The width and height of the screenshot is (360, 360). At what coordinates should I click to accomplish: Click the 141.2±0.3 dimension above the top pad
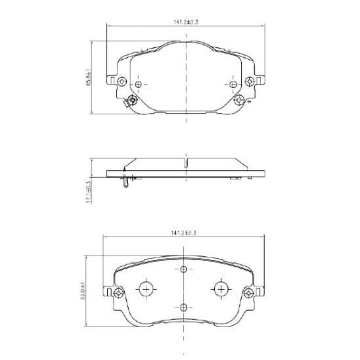click(x=187, y=22)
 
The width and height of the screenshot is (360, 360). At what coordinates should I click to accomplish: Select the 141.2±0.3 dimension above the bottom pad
click(x=187, y=233)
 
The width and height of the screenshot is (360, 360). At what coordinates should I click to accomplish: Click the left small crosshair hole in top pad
click(x=139, y=84)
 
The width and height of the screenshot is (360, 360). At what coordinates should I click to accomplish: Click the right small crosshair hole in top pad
click(x=234, y=84)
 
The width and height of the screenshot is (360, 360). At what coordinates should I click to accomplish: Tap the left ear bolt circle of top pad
click(x=122, y=81)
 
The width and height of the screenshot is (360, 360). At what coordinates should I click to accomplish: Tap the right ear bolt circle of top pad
click(x=250, y=81)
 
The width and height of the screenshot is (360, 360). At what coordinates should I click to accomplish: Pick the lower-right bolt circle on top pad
click(x=240, y=101)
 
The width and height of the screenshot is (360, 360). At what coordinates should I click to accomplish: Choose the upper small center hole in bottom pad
click(x=184, y=270)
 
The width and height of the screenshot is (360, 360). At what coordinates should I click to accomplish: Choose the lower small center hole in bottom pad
click(x=184, y=309)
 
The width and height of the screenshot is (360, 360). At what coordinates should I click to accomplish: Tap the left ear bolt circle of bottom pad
click(x=118, y=292)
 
